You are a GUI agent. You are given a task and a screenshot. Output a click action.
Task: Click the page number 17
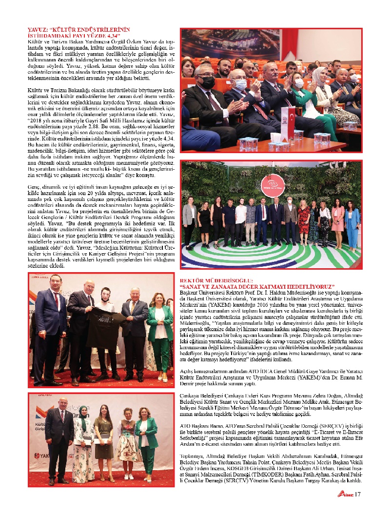click(x=357, y=495)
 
